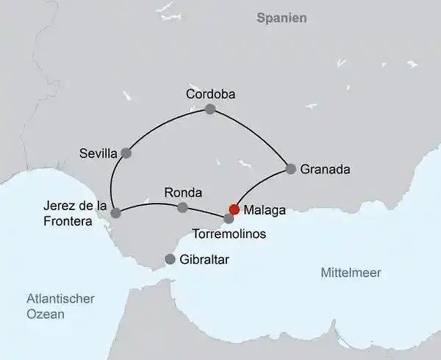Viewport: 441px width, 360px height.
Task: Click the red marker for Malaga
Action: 234,209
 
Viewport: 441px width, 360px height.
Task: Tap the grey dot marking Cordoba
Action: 210,109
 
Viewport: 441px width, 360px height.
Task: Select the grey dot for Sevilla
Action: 126,154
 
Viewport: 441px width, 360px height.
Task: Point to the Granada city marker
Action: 291,169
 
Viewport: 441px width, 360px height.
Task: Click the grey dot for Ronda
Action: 182,208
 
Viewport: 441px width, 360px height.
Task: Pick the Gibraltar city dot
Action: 171,259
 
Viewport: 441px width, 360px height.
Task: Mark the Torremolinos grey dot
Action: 229,218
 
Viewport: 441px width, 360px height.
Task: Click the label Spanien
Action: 282,18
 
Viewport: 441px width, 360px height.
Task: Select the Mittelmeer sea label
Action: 351,273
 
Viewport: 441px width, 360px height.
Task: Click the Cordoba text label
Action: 209,93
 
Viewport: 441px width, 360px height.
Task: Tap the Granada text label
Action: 326,169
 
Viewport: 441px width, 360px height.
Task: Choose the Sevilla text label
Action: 98,154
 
